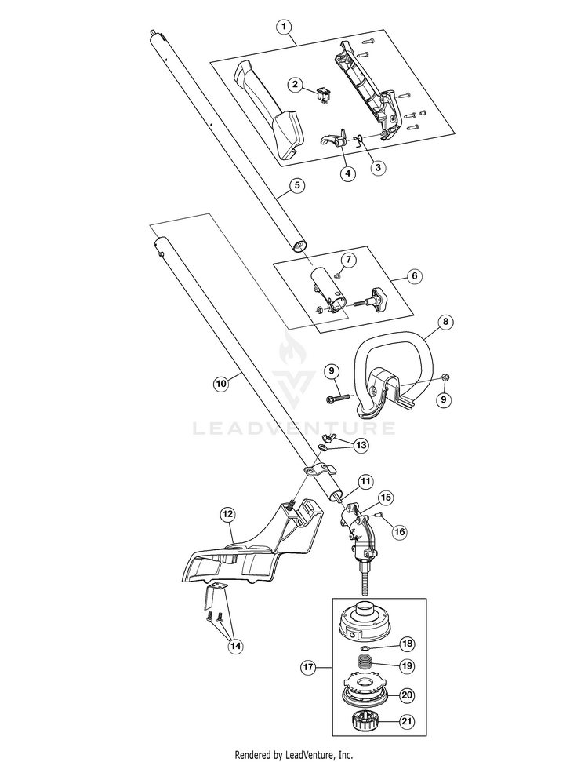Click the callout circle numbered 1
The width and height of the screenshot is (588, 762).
coord(284,27)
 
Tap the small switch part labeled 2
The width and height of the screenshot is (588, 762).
coord(321,94)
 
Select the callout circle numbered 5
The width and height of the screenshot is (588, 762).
coord(297,185)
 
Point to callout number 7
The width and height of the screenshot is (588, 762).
coord(349,260)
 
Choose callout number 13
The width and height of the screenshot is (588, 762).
coord(361,445)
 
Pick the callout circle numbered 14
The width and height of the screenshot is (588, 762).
coord(235,646)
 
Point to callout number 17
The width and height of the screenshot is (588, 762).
coord(308,667)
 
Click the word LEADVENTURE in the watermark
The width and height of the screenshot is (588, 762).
coord(294,428)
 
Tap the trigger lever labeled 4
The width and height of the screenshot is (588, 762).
coord(335,139)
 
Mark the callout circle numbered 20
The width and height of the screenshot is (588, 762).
coord(407,695)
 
